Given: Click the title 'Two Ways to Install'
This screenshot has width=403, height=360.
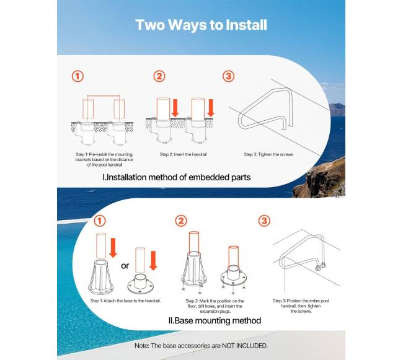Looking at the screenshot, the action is pyautogui.click(x=201, y=25).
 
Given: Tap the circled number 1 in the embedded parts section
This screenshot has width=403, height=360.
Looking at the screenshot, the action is pyautogui.click(x=77, y=76).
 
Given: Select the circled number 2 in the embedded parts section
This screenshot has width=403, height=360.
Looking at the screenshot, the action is pyautogui.click(x=159, y=76).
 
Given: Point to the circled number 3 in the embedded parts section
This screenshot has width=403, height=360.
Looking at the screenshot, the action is pyautogui.click(x=228, y=76).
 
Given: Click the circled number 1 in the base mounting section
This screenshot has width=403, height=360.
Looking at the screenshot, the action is pyautogui.click(x=99, y=221).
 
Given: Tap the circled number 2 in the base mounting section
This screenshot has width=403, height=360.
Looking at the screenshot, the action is pyautogui.click(x=181, y=221).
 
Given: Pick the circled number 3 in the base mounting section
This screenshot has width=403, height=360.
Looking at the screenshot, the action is pyautogui.click(x=264, y=221).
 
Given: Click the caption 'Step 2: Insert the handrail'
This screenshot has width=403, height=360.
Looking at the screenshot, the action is pyautogui.click(x=183, y=154).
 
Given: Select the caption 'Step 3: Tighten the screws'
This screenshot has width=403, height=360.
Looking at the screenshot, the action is pyautogui.click(x=268, y=154).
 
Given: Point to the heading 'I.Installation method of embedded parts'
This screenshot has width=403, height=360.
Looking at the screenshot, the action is pyautogui.click(x=176, y=177).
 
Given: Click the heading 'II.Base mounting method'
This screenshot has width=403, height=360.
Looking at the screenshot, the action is pyautogui.click(x=215, y=320).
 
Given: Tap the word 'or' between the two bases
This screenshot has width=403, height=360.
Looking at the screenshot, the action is pyautogui.click(x=125, y=265).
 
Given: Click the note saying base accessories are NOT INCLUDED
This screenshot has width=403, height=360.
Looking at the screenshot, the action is pyautogui.click(x=201, y=346).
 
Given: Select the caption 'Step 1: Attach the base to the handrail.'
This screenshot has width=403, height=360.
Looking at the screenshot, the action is pyautogui.click(x=125, y=301).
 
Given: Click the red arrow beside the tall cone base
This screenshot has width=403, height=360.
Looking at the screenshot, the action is pyautogui.click(x=113, y=247).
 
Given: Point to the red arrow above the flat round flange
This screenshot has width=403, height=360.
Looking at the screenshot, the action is pyautogui.click(x=153, y=260).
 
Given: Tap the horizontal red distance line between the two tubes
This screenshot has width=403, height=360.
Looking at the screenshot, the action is pyautogui.click(x=104, y=96).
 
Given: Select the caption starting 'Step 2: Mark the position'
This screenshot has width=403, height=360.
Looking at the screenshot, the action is pyautogui.click(x=215, y=306).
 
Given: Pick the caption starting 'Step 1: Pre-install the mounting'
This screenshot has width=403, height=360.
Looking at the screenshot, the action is pyautogui.click(x=104, y=159).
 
